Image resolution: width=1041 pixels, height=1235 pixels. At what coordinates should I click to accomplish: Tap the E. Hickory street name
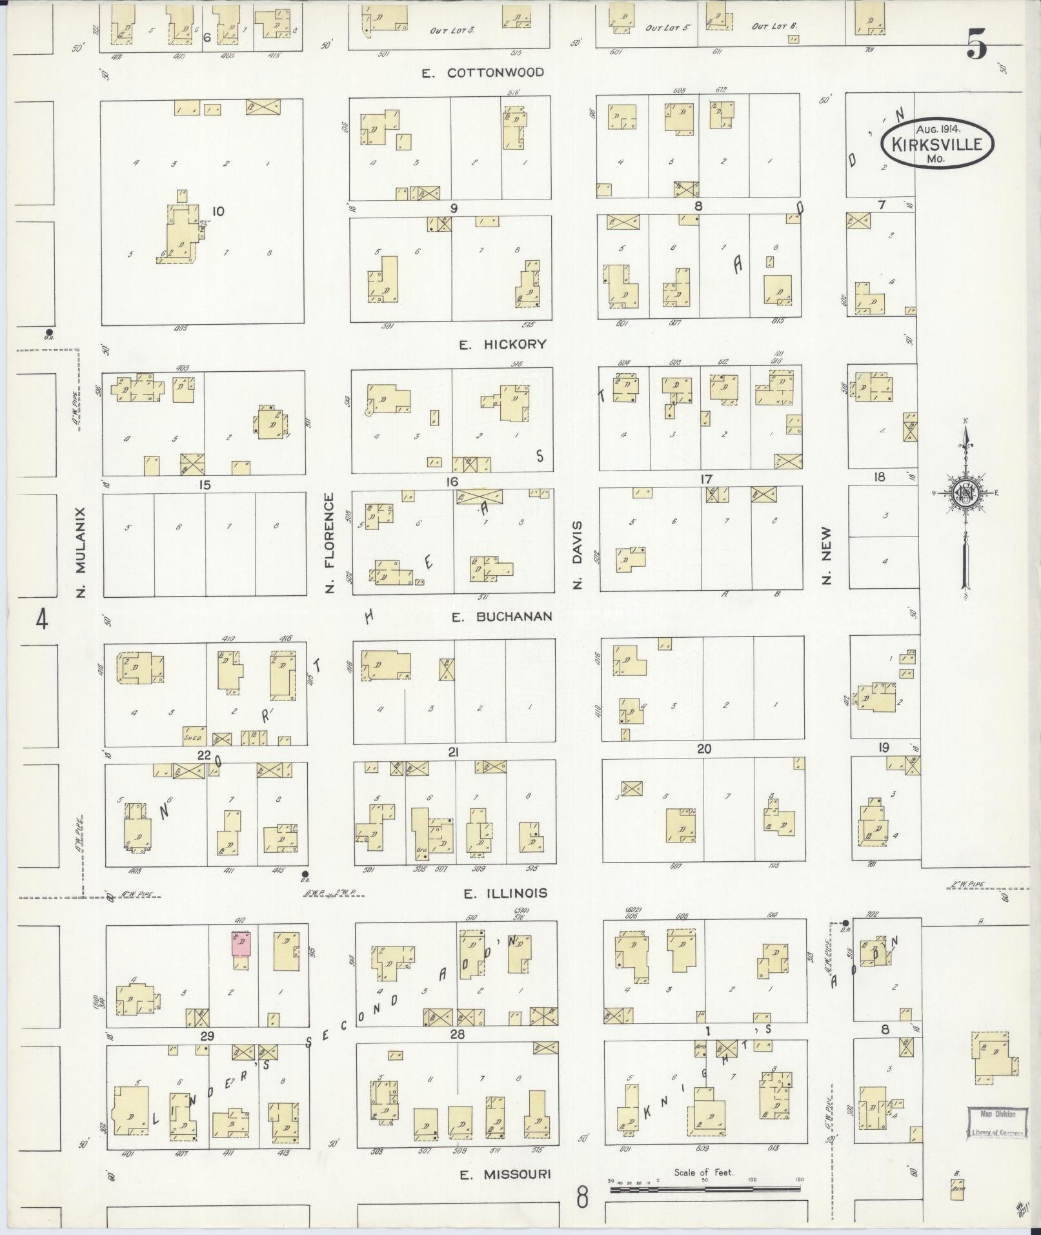(502, 345)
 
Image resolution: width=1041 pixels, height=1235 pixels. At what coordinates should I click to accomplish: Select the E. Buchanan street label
(501, 617)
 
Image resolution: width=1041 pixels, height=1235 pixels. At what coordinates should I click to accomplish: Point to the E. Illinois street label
(505, 893)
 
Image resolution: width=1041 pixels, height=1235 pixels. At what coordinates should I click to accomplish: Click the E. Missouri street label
(505, 1174)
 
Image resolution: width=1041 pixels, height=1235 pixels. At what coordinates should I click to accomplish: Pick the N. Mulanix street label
(81, 552)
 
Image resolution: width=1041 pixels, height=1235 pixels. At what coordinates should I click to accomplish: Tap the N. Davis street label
(578, 555)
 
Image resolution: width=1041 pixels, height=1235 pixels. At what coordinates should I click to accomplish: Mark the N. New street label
(827, 556)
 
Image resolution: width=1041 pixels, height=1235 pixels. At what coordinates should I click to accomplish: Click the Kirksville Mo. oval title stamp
(937, 144)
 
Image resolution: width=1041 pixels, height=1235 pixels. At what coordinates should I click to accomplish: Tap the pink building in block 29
(241, 944)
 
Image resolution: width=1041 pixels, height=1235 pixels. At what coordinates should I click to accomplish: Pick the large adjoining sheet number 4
(42, 620)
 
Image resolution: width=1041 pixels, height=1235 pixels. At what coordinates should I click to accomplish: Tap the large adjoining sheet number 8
(582, 1199)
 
